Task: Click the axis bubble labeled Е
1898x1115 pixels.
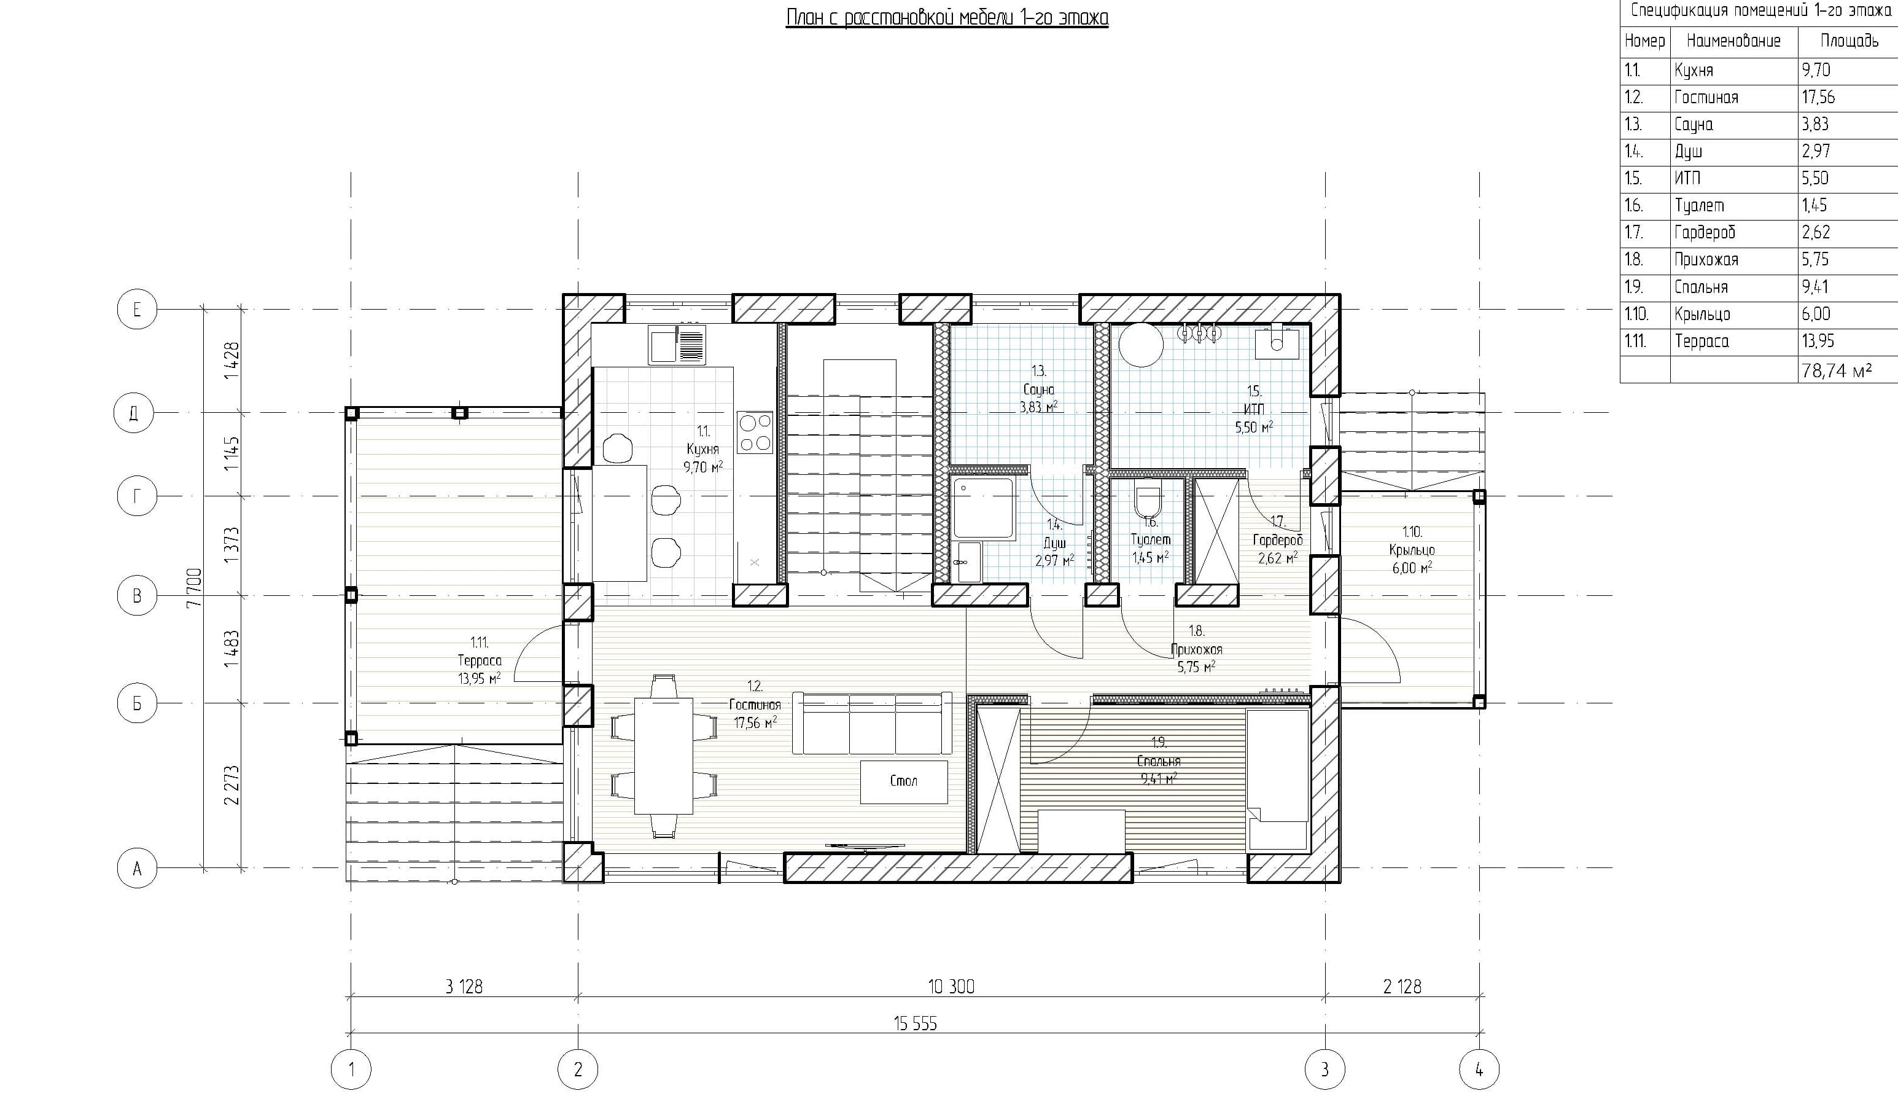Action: point(137,310)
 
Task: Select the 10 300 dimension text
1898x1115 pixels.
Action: point(951,986)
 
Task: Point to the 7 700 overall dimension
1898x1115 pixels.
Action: point(194,588)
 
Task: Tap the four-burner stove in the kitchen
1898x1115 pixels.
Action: point(755,432)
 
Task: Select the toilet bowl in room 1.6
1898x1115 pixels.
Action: point(1148,499)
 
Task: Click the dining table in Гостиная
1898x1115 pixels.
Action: point(664,756)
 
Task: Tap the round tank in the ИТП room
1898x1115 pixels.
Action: point(1141,345)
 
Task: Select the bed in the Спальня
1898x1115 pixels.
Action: point(1277,780)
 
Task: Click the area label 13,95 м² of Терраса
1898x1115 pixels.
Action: point(479,678)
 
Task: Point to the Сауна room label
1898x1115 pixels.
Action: point(1038,389)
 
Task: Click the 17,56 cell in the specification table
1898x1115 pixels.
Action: point(1818,97)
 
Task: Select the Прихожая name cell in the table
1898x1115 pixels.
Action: point(1706,260)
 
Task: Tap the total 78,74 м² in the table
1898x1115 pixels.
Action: point(1836,370)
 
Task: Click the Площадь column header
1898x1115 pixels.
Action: point(1849,41)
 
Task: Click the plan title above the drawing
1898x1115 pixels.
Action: point(947,17)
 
